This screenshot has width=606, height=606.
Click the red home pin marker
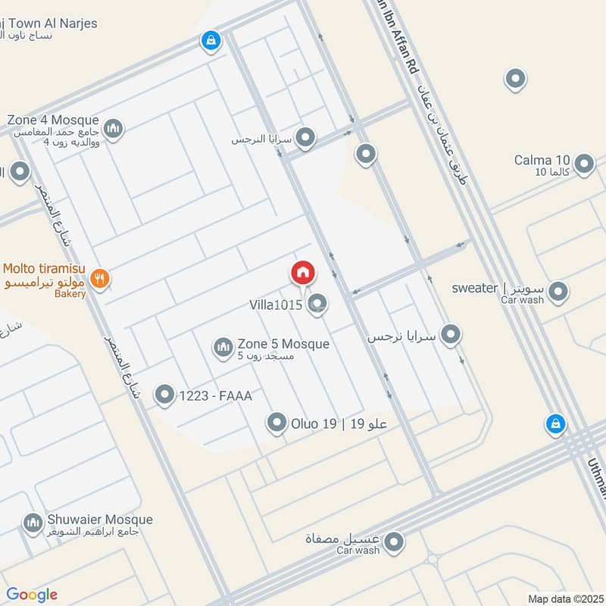pyautogui.click(x=303, y=273)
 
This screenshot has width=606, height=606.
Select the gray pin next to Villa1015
pyautogui.click(x=319, y=304)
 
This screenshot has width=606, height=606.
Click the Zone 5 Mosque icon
pyautogui.click(x=223, y=348)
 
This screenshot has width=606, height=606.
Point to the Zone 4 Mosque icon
pyautogui.click(x=114, y=128)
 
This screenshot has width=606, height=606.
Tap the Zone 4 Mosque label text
pyautogui.click(x=53, y=120)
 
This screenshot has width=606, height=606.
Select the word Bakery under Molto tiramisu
pyautogui.click(x=70, y=295)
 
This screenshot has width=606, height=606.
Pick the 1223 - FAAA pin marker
pyautogui.click(x=164, y=394)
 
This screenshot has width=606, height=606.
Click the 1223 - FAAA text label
pyautogui.click(x=215, y=395)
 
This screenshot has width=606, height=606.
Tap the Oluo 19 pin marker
pyautogui.click(x=277, y=423)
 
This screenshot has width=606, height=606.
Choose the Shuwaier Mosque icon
pyautogui.click(x=32, y=522)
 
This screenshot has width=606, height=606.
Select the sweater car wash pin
pyautogui.click(x=558, y=291)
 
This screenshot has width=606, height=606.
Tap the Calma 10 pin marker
pyautogui.click(x=584, y=163)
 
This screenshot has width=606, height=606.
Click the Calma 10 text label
pyautogui.click(x=542, y=160)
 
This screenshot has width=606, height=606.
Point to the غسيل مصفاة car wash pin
pyautogui.click(x=393, y=542)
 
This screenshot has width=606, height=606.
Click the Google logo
pyautogui.click(x=33, y=595)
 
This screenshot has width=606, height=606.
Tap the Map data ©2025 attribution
pyautogui.click(x=564, y=598)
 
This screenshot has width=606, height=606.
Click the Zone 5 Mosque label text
pyautogui.click(x=283, y=344)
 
